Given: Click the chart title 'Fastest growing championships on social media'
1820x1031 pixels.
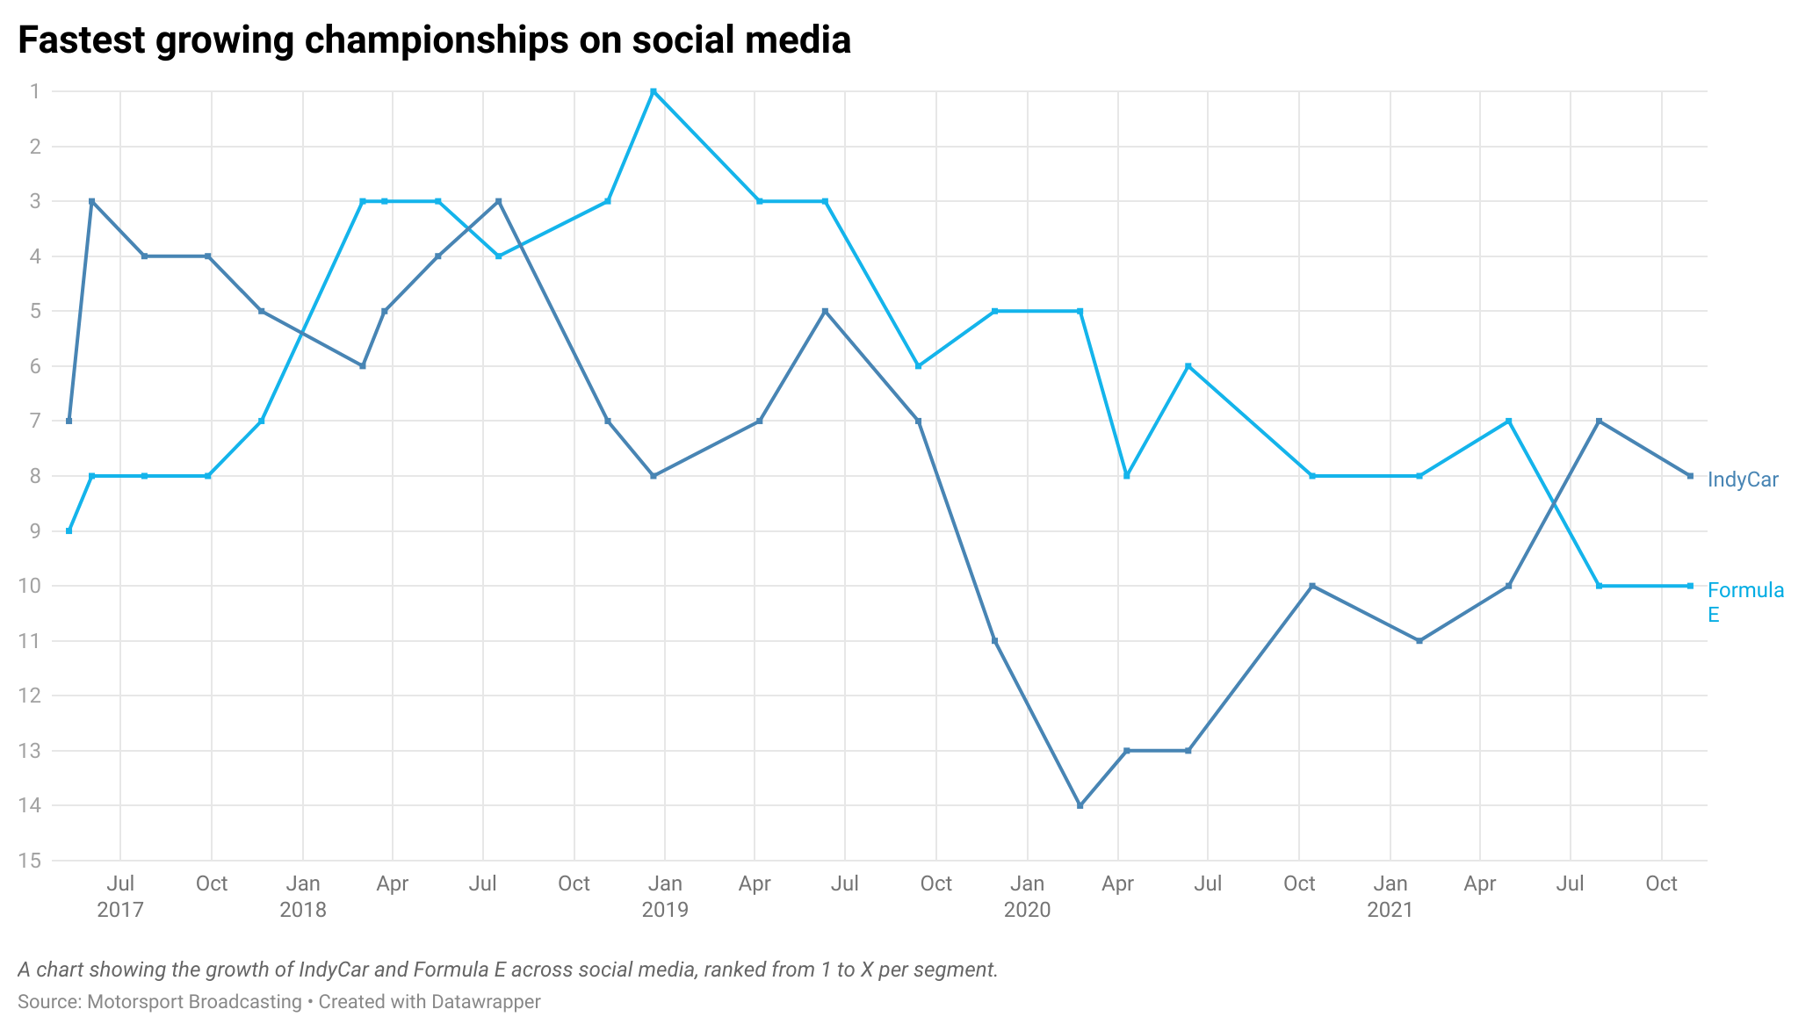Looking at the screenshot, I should coord(434,40).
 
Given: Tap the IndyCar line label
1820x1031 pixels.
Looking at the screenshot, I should coord(1743,480).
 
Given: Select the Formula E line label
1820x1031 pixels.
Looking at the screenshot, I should coord(1745,602).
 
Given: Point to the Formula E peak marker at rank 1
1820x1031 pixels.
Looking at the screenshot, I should coord(653,91).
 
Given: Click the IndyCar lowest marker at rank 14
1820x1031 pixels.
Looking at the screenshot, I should coord(1080,805).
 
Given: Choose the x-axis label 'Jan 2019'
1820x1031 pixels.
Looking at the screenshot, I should coord(665,897).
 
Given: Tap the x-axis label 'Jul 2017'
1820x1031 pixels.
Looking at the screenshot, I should coord(120,897).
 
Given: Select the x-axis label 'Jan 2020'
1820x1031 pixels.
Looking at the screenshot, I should coord(1027,897).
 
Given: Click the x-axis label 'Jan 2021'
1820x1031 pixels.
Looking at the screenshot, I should coord(1390,897).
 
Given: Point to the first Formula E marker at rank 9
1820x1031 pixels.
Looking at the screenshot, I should coord(69,531).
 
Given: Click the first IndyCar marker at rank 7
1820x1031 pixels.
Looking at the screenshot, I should coord(69,421).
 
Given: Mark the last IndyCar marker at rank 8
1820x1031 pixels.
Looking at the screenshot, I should coord(1690,476).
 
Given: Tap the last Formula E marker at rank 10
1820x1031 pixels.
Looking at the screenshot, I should coord(1690,586).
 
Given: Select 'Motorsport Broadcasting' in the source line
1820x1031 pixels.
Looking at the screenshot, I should coord(194,1002).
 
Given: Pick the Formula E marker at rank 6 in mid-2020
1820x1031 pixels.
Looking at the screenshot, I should coord(1188,366).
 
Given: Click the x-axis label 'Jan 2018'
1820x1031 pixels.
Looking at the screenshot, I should coord(303,897).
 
